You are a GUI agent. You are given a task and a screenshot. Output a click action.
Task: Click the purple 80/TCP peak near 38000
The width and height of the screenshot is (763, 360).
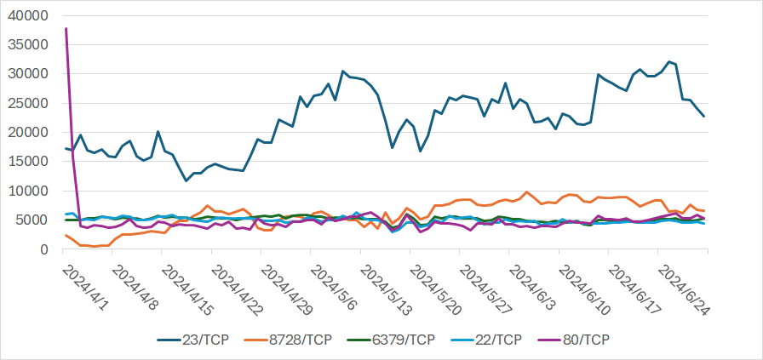(66, 29)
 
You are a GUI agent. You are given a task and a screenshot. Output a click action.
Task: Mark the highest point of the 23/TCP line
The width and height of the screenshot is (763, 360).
(669, 61)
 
